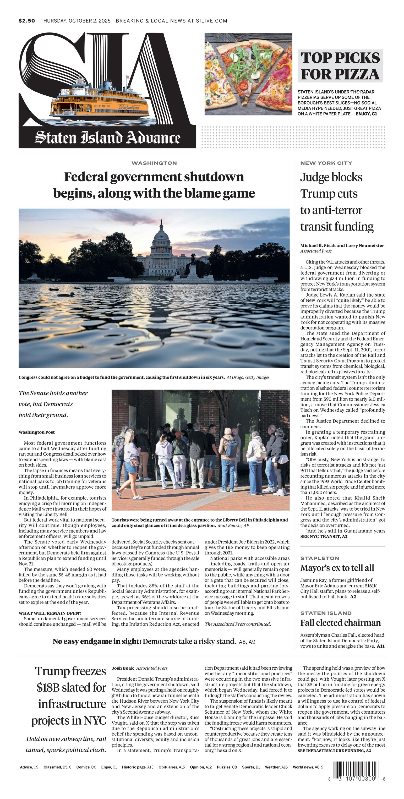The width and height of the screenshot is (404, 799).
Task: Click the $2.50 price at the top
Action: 27,21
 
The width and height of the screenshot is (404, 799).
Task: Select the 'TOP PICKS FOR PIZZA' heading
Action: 340,66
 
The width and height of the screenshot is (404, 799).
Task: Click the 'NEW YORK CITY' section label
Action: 326,163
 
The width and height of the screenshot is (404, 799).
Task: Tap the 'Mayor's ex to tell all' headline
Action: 337,568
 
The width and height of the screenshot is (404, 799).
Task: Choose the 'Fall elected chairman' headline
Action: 340,623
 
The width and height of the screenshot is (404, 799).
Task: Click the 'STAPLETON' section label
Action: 319,558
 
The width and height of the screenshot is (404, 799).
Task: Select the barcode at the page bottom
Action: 357,770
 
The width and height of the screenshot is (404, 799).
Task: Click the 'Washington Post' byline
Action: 37,432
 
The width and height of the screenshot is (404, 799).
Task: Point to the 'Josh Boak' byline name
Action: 123,668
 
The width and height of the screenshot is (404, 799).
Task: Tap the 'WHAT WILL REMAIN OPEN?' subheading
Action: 50,613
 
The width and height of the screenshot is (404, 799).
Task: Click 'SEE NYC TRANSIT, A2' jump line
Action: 324,536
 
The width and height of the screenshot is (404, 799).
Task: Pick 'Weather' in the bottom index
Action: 272,767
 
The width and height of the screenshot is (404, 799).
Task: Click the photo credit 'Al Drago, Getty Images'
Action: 248,377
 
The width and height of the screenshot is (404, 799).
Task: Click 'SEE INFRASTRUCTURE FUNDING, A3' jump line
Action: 334,751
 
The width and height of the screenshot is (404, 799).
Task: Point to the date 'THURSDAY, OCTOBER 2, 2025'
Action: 75,21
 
